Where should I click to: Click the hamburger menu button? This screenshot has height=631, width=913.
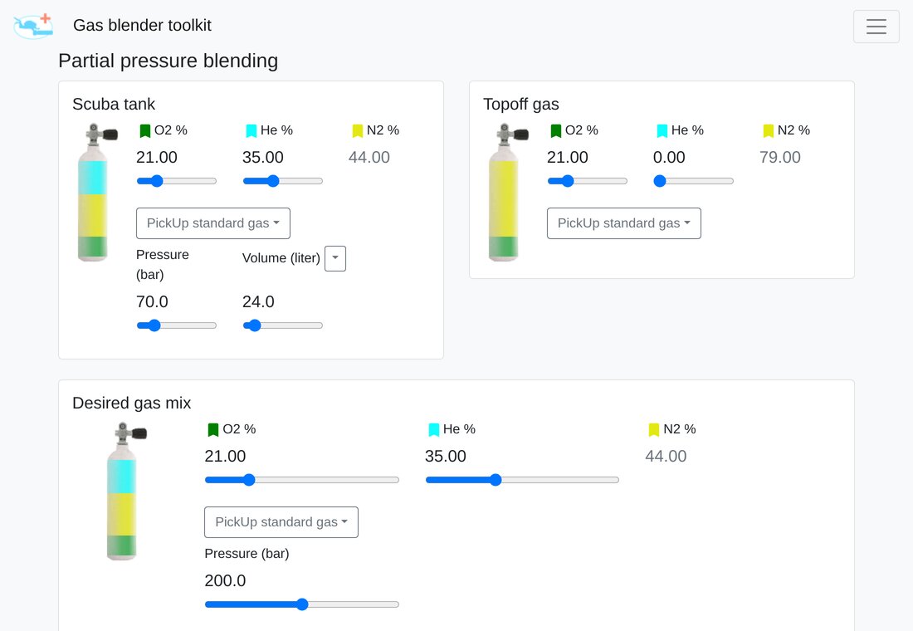coord(876,27)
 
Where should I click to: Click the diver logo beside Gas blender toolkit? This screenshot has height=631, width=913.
coord(33,27)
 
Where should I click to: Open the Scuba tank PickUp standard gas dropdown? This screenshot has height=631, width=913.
coord(213,223)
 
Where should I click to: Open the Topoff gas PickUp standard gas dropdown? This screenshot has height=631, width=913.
coord(623,223)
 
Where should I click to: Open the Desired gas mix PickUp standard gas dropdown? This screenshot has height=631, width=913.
coord(281,522)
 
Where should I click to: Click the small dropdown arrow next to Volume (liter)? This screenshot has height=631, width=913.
coord(335,258)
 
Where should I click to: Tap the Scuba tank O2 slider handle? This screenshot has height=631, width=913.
coord(157,181)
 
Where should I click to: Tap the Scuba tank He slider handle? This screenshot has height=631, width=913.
coord(273,181)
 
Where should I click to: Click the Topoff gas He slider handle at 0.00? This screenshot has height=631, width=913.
coord(660,181)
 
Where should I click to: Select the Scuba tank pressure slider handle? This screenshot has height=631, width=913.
coord(154,325)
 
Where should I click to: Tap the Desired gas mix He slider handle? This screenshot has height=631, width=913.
coord(496,480)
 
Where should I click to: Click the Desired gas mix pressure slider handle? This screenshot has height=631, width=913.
coord(302,604)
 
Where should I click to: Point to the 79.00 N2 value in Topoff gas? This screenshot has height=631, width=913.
coord(779,157)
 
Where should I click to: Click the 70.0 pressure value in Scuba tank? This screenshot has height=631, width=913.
coord(152,302)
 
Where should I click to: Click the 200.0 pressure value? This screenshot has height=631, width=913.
coord(225,581)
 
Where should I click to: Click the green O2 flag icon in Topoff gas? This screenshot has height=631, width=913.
coord(556,131)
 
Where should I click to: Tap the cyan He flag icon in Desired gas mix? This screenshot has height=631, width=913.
coord(434,430)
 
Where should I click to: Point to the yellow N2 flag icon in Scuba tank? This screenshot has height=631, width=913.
coord(358,131)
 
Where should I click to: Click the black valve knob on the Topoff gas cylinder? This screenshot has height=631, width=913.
coord(521,135)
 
